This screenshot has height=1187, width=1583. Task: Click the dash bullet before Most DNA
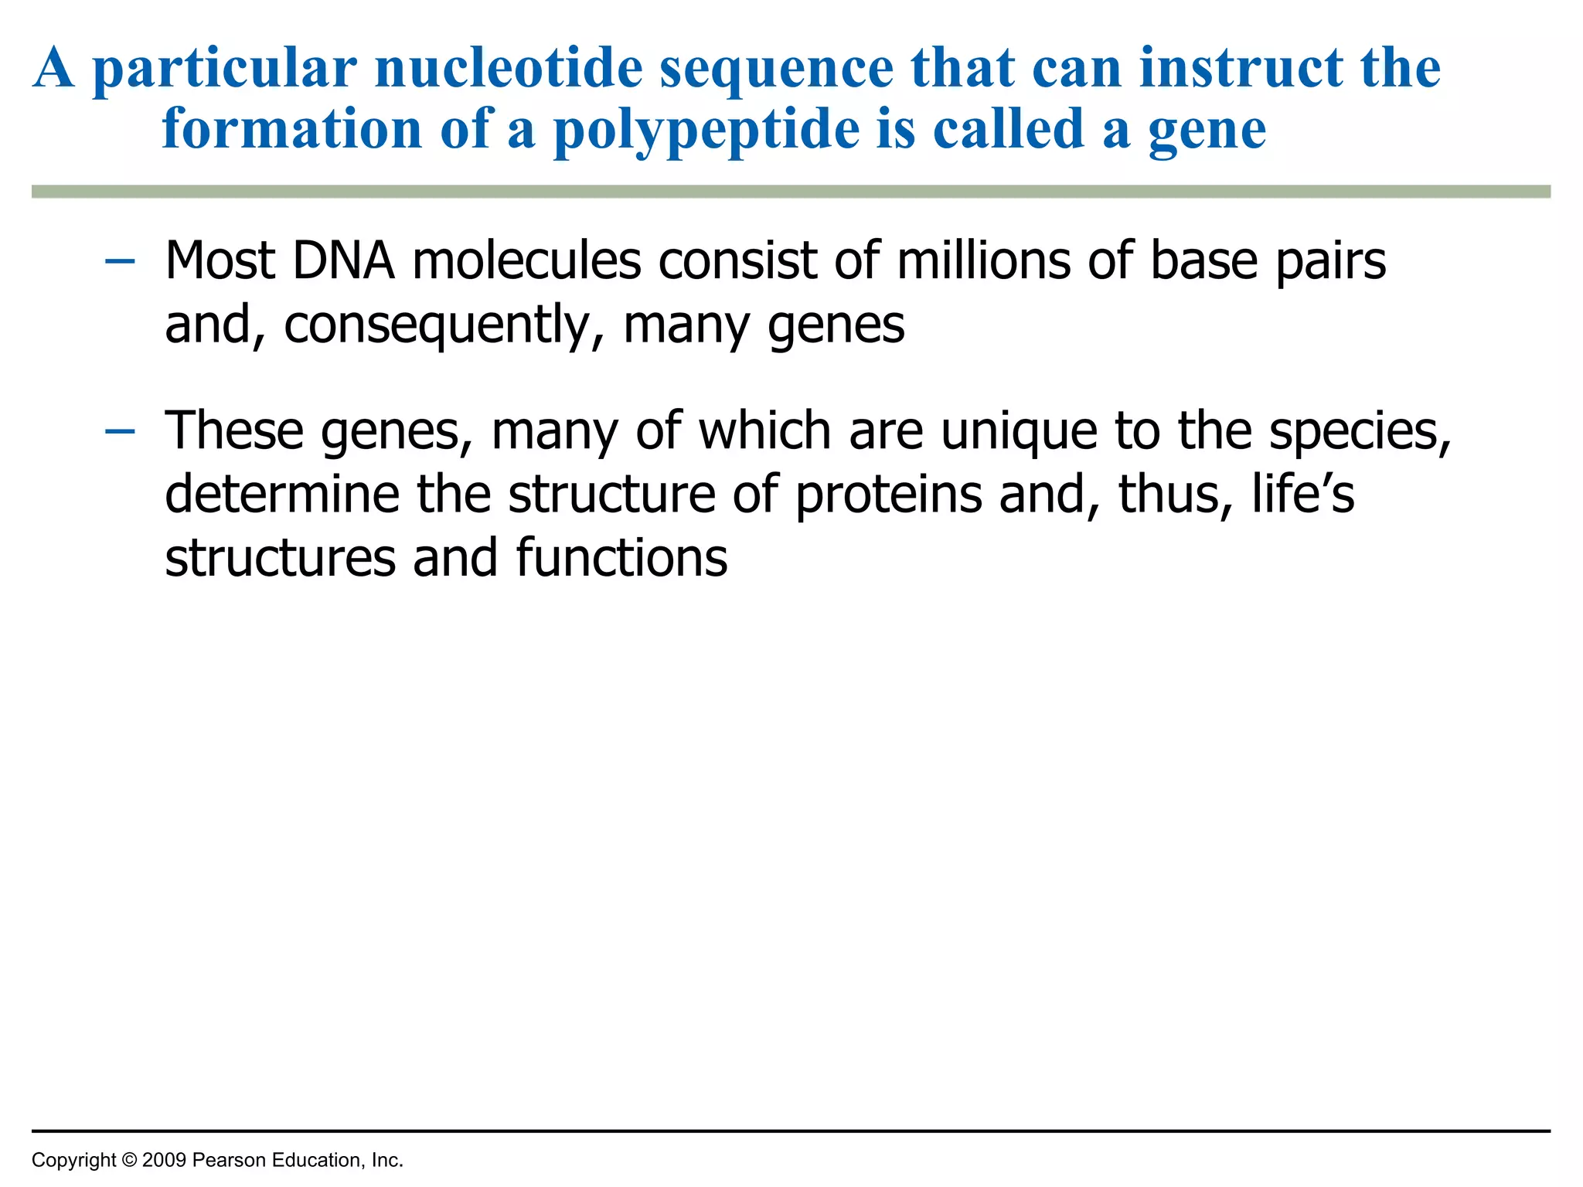point(120,262)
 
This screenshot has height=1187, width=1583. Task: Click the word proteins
point(888,495)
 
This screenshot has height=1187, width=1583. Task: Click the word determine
point(281,495)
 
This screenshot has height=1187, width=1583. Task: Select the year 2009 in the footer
point(164,1160)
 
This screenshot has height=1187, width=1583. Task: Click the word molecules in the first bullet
point(526,260)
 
